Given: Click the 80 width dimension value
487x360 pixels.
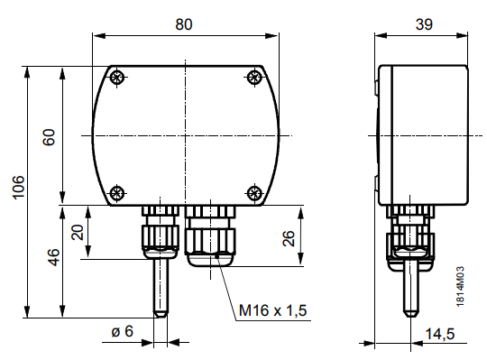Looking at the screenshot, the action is click(184, 24).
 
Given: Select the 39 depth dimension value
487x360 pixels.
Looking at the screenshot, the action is click(424, 24).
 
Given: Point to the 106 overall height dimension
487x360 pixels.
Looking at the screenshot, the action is click(18, 187).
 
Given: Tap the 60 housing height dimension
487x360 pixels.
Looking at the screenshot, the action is click(49, 137).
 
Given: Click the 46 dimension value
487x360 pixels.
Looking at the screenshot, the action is click(54, 257).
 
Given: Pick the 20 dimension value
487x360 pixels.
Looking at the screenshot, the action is click(78, 233).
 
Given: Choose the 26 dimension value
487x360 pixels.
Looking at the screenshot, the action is click(289, 238).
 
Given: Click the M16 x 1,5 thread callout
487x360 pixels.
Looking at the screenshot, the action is click(272, 310).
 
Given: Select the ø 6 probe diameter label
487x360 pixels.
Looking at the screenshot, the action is click(123, 331).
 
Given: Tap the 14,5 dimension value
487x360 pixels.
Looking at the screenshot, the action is click(440, 334).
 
